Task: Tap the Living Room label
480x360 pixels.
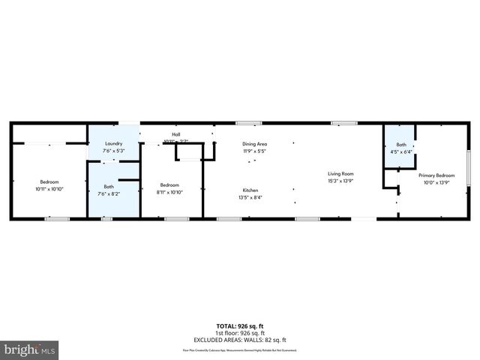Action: [x=340, y=174]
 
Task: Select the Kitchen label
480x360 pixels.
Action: [x=250, y=190]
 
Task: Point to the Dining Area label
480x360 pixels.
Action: [x=254, y=143]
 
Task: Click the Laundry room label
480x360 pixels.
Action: [x=113, y=142]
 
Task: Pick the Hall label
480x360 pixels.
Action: [x=175, y=135]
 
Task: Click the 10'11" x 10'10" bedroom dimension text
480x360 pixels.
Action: [x=49, y=189]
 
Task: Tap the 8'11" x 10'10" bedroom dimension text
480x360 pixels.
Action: [x=169, y=192]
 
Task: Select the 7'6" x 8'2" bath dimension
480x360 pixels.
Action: [x=109, y=193]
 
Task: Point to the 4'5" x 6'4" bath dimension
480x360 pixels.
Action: [x=401, y=151]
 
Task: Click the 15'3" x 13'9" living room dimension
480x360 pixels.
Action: [x=340, y=181]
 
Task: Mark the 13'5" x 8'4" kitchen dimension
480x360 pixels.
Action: [x=250, y=197]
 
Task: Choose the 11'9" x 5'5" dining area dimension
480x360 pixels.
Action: [x=254, y=151]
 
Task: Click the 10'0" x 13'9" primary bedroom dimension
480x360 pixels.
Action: [x=436, y=181]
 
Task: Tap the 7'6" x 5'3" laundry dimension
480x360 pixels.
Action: [x=113, y=150]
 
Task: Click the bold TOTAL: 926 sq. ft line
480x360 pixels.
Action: [x=239, y=326]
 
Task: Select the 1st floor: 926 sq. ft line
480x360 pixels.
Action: [x=239, y=332]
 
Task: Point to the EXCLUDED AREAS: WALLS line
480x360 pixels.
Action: [x=239, y=339]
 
